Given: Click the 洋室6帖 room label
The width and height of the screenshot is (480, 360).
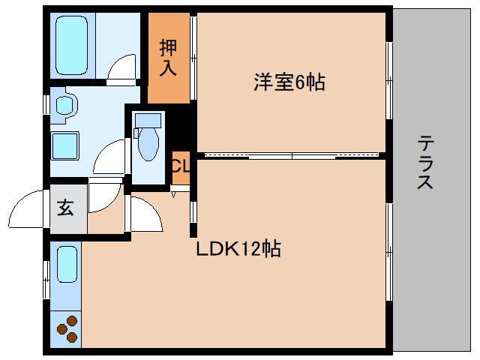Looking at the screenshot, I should pyautogui.click(x=289, y=83).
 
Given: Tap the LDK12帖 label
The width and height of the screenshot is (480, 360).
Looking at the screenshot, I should pyautogui.click(x=238, y=249).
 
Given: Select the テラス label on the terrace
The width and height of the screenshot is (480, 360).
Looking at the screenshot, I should pyautogui.click(x=425, y=162).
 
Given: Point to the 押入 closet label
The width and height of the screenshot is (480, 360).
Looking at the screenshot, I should pyautogui.click(x=168, y=58).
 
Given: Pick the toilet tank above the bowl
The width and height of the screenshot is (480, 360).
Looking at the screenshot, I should pyautogui.click(x=148, y=119).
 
